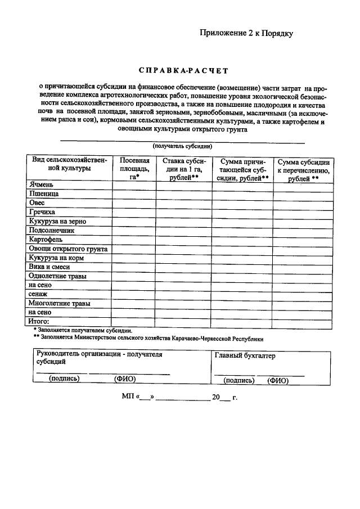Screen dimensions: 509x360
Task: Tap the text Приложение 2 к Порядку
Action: tap(246, 33)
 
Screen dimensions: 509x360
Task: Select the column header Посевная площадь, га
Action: tap(134, 168)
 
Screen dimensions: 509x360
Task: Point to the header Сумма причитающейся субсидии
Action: tap(242, 168)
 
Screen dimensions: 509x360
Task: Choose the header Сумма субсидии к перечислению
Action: tap(303, 169)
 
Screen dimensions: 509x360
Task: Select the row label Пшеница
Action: tap(44, 193)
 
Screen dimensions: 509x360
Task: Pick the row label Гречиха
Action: tap(42, 212)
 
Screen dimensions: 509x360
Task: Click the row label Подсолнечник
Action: tap(52, 230)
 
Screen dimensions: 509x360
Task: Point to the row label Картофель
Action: tap(46, 239)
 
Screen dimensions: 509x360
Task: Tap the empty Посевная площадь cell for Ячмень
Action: tap(134, 184)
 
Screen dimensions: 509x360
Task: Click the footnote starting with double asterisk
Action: tap(148, 339)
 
